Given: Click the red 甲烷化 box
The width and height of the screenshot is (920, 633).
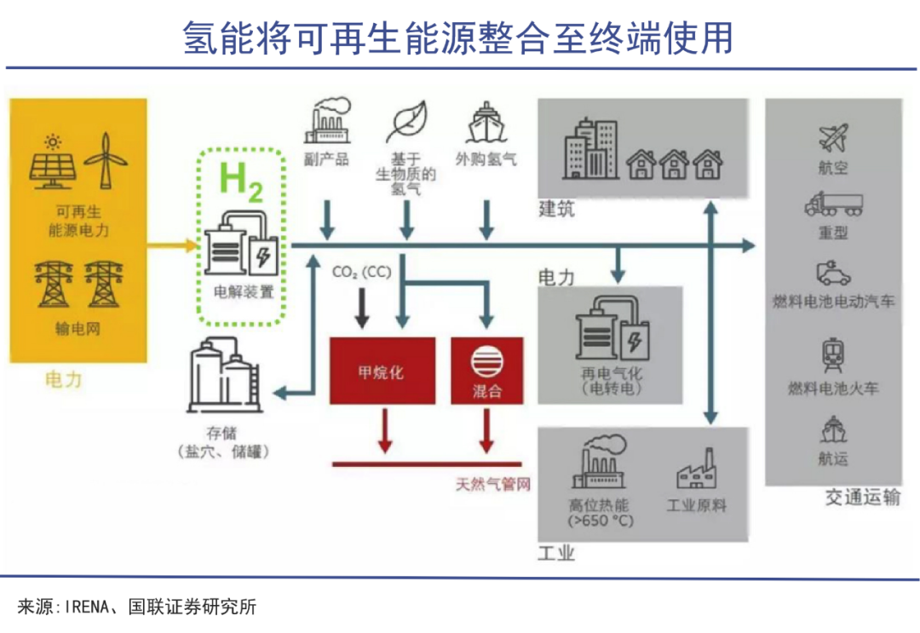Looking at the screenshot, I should point(382,371).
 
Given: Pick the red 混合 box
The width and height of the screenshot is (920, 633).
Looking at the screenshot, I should point(486,371).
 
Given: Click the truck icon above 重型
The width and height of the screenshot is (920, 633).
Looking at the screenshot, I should point(832,204).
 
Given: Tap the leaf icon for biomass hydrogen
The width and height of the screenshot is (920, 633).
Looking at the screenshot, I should point(406,123).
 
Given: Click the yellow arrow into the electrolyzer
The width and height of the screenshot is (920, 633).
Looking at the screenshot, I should point(172,246).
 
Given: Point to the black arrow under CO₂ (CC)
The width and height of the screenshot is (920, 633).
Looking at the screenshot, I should point(362,308).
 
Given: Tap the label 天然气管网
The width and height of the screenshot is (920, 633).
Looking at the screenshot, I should point(493,485).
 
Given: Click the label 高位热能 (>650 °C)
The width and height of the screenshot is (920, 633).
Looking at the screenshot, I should point(601,512).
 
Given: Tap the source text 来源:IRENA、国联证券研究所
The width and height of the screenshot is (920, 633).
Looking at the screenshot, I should point(136,607).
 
